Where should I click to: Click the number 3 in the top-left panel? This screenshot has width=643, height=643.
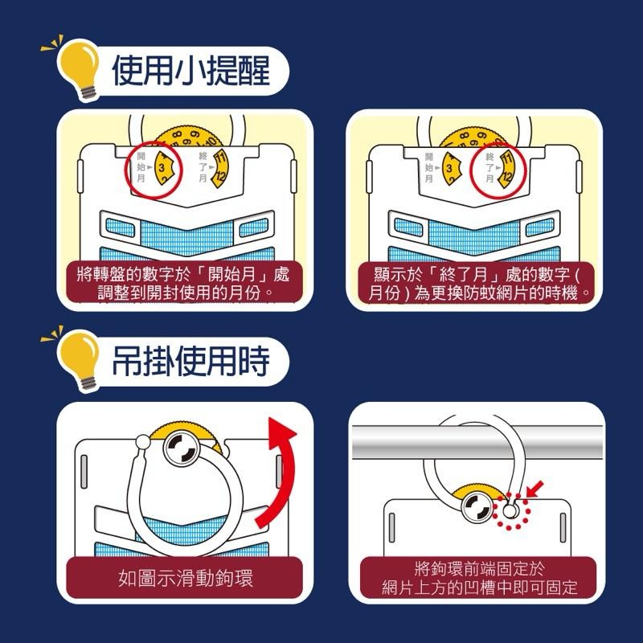(162, 167)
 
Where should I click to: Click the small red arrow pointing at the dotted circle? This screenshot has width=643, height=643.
(533, 488)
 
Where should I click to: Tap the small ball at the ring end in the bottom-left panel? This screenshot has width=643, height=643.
(143, 441)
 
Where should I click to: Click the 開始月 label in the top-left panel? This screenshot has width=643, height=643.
(141, 166)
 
